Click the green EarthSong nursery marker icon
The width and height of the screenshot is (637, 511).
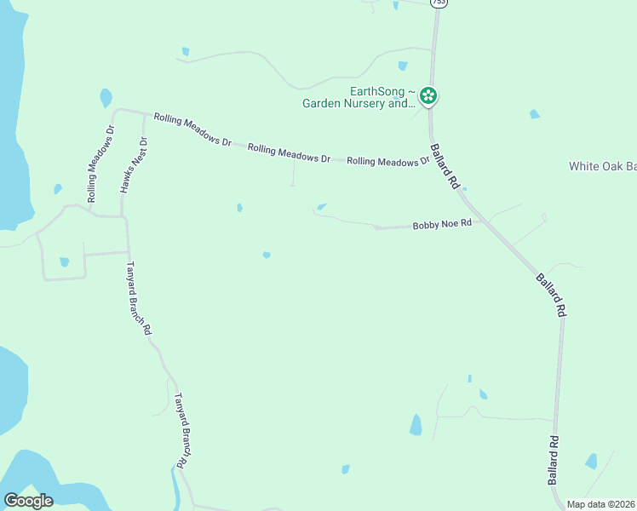pyautogui.click(x=429, y=96)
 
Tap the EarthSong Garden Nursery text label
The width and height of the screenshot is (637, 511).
pyautogui.click(x=359, y=98)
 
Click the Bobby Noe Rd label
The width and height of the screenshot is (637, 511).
pyautogui.click(x=441, y=226)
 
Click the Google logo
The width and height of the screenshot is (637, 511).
pyautogui.click(x=27, y=501)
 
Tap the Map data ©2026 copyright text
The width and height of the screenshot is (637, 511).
pyautogui.click(x=600, y=504)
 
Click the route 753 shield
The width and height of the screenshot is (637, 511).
pyautogui.click(x=438, y=3)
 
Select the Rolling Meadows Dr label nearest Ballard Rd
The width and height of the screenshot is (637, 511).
pyautogui.click(x=387, y=161)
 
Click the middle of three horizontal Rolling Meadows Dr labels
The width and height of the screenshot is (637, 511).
pyautogui.click(x=289, y=153)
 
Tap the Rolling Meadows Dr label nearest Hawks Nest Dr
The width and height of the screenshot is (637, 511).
pyautogui.click(x=192, y=129)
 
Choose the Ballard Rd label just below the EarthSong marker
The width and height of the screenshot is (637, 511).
pyautogui.click(x=445, y=166)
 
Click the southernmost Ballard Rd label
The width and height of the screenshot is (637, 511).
pyautogui.click(x=553, y=460)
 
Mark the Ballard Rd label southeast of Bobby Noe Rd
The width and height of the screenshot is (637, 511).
pyautogui.click(x=550, y=295)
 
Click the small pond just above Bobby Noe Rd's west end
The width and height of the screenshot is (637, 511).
pyautogui.click(x=322, y=206)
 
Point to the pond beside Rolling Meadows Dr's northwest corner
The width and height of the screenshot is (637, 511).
pyautogui.click(x=106, y=98)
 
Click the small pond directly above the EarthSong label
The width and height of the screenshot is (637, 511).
pyautogui.click(x=402, y=66)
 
